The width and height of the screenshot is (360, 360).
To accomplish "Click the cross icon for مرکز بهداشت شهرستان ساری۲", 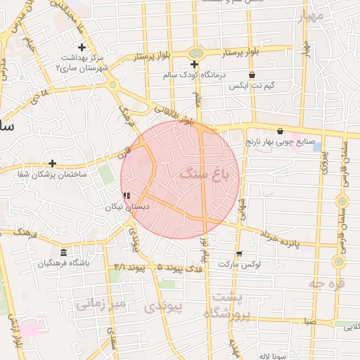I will tap(82, 47).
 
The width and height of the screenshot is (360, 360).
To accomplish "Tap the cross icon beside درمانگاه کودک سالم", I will tap(195, 65).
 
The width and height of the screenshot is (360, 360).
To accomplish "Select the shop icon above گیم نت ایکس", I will tap(252, 75).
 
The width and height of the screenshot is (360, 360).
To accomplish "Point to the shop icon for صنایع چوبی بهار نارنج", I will tap(280, 131).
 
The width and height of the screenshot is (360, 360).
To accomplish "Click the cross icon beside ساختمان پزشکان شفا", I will tap(52, 163).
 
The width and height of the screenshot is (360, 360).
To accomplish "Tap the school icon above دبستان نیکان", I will tap(127, 196).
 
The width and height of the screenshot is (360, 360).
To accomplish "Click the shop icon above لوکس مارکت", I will tap(239, 253).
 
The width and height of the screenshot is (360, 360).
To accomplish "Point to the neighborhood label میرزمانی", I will tap(101, 304).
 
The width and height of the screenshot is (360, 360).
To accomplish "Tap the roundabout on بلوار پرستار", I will tap(195, 53).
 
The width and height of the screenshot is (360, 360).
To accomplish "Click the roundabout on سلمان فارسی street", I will tap(339, 261).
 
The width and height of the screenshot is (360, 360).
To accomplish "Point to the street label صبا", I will tap(309, 322).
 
